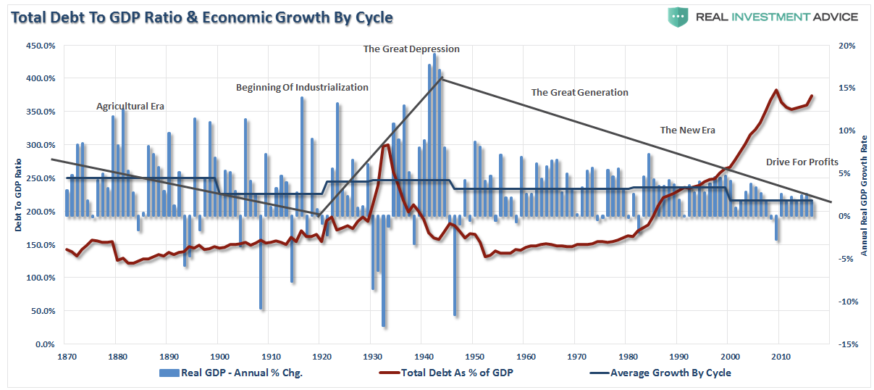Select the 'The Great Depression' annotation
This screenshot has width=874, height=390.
click(x=411, y=49)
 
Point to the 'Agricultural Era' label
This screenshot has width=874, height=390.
click(x=130, y=107)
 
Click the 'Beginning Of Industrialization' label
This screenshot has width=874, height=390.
click(x=302, y=88)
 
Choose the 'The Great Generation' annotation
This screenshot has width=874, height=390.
click(x=579, y=93)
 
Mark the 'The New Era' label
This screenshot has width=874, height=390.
click(x=687, y=130)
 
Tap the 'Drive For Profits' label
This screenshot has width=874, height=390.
click(x=802, y=162)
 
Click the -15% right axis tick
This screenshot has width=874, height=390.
click(x=845, y=344)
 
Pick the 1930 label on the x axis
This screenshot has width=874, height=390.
click(x=370, y=357)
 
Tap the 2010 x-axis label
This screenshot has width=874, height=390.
click(x=780, y=357)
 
